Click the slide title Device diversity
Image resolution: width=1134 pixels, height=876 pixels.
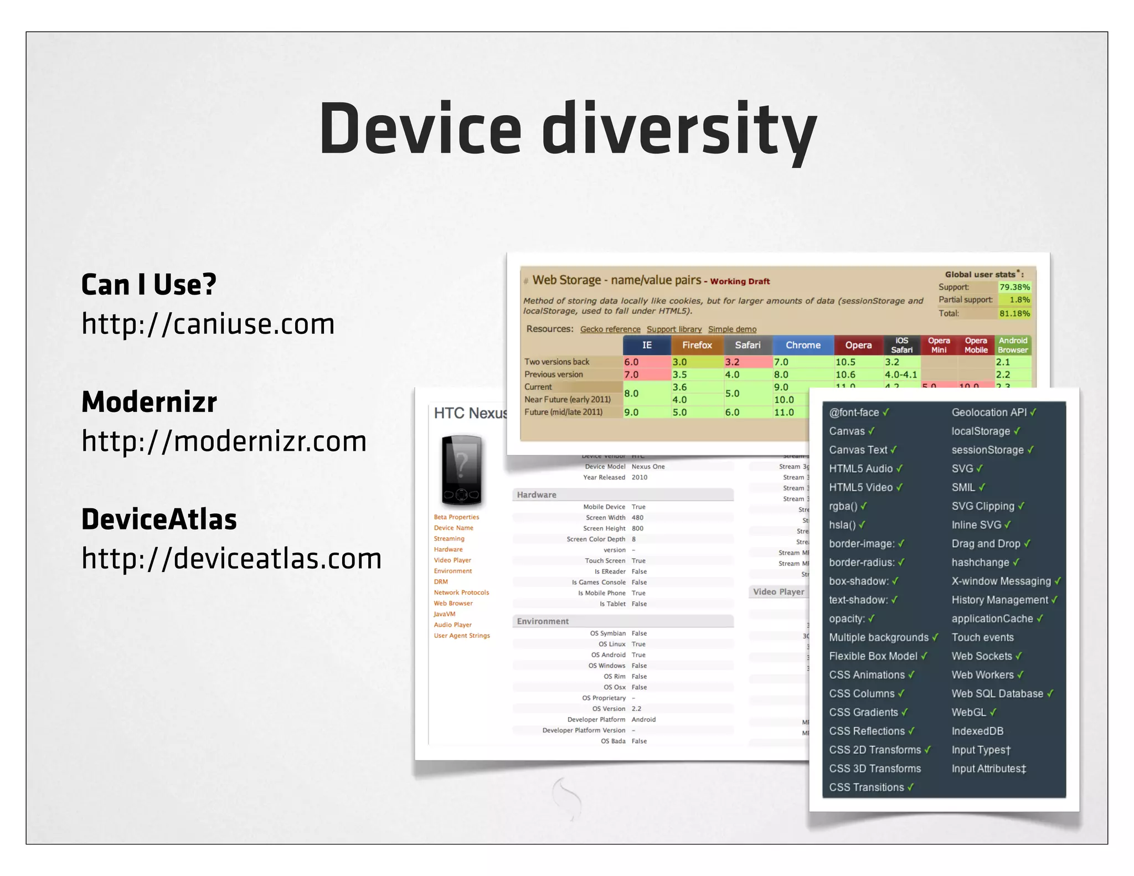tap(568, 130)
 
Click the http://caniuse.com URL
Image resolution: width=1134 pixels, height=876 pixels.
tap(208, 324)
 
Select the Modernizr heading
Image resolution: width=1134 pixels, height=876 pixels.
tap(149, 402)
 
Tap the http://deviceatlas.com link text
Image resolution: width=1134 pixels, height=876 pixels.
tap(231, 558)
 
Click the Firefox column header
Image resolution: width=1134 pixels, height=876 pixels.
tap(697, 345)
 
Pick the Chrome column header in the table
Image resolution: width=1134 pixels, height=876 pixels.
tap(802, 345)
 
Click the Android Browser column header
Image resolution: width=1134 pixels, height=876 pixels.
tap(1012, 345)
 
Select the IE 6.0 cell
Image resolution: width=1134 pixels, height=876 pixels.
tap(631, 362)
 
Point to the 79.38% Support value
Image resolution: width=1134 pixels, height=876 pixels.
tap(1014, 287)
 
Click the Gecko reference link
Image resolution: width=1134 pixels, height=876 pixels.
tap(610, 329)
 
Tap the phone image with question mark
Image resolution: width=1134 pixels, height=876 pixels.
tap(461, 470)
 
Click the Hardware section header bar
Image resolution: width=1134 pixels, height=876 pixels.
tap(622, 494)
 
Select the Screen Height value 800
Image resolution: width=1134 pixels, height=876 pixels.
tap(637, 528)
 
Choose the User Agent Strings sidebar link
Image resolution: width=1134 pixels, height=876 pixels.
tap(462, 636)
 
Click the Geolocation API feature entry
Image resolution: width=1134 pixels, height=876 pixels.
tap(989, 413)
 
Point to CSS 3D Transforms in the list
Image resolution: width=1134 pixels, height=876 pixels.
tap(875, 769)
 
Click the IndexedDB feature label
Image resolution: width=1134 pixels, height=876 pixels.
tap(977, 731)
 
